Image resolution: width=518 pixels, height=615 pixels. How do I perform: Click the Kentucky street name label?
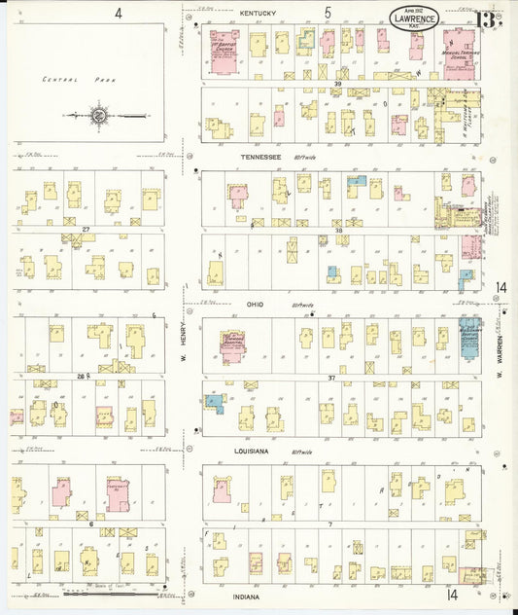[258, 13]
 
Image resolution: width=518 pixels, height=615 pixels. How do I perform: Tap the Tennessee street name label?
[261, 156]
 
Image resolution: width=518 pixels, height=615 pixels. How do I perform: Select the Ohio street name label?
[256, 304]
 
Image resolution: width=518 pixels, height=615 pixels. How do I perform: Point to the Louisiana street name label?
[258, 452]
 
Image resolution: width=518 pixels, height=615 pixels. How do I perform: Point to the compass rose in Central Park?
[100, 116]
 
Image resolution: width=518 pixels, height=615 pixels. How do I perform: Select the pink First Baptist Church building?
[225, 52]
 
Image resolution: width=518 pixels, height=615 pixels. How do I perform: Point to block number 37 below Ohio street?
[332, 378]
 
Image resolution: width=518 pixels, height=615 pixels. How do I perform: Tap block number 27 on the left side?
[86, 230]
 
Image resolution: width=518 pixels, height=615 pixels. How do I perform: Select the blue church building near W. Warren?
[469, 335]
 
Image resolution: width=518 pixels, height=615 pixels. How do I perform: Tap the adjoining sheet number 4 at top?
[118, 13]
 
